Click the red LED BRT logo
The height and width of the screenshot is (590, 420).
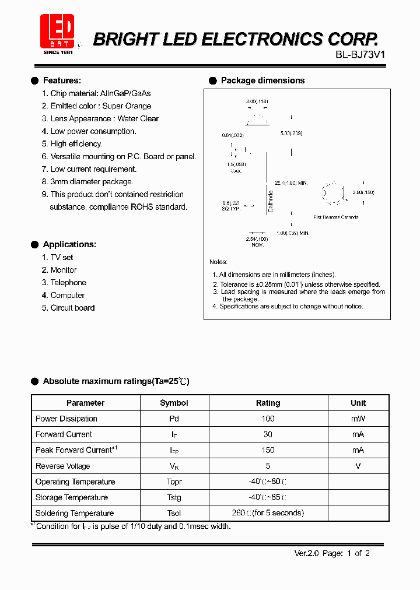click(x=57, y=33)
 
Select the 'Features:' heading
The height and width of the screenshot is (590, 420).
click(x=62, y=80)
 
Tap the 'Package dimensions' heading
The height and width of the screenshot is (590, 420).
click(x=262, y=80)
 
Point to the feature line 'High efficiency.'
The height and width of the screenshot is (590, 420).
click(x=76, y=144)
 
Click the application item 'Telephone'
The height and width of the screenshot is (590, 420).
click(x=68, y=283)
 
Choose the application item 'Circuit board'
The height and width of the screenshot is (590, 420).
click(x=72, y=308)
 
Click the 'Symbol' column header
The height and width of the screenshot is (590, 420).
click(x=174, y=403)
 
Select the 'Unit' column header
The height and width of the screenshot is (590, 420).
click(x=358, y=403)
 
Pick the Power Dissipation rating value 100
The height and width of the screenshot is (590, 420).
click(x=268, y=419)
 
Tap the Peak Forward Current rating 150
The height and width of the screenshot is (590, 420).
click(x=268, y=450)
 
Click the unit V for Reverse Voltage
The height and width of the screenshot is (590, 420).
click(x=358, y=466)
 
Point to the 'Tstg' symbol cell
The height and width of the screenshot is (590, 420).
click(x=174, y=497)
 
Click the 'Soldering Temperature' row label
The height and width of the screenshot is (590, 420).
click(x=75, y=513)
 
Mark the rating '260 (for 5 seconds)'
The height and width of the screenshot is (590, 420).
click(x=268, y=513)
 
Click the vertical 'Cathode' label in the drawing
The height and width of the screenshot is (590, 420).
click(x=271, y=201)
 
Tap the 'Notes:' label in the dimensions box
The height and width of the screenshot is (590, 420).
click(x=219, y=262)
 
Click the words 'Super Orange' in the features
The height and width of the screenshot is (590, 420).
click(x=127, y=106)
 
